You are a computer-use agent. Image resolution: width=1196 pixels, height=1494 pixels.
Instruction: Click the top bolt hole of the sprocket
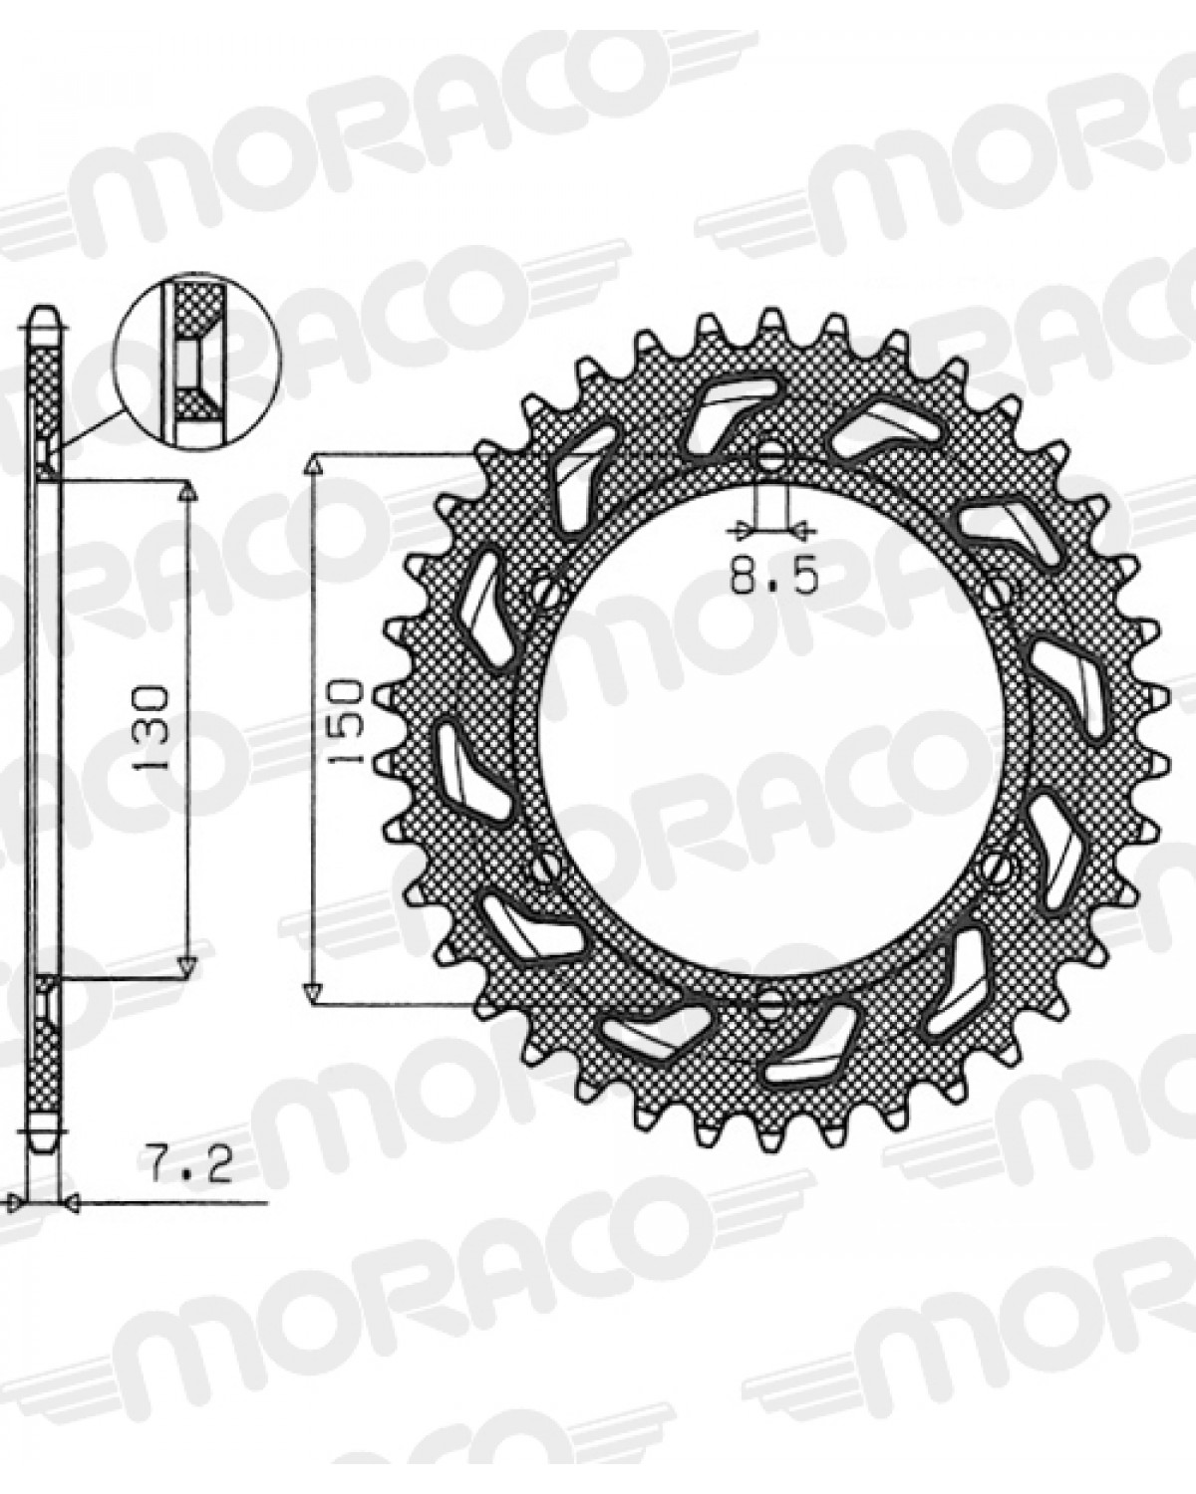coord(771,456)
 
